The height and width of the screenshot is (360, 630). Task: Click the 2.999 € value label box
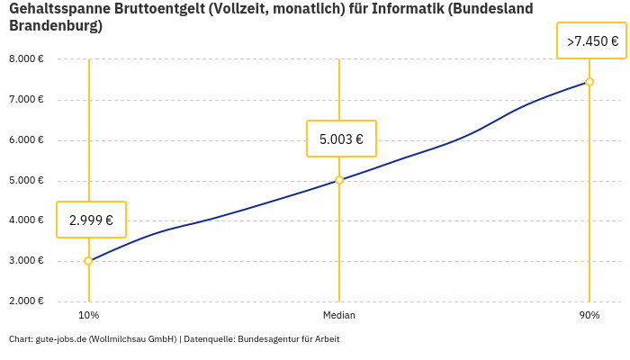point(91,220)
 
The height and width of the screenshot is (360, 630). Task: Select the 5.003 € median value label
point(341,139)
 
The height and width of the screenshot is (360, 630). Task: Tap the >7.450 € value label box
point(592,41)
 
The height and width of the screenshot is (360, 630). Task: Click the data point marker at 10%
point(88,261)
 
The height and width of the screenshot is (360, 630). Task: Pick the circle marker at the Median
point(339,180)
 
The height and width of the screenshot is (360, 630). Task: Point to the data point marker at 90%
point(589,82)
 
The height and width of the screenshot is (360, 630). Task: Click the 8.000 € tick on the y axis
point(26,59)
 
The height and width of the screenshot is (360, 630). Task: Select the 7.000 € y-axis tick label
point(26,99)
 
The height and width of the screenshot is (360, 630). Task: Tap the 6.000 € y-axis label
point(26,139)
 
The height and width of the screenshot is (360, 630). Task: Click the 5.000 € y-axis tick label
point(26,180)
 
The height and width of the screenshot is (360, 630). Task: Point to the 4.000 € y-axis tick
point(26,220)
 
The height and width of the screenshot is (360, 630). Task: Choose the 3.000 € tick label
point(26,261)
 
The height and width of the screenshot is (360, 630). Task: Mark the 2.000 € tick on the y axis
point(26,301)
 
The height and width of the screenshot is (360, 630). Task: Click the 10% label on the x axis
point(88,316)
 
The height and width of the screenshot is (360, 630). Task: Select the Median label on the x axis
point(339,316)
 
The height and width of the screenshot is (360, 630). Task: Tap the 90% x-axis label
point(589,316)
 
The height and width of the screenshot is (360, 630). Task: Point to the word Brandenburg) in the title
point(55,26)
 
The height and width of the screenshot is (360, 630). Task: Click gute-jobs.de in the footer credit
point(60,339)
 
